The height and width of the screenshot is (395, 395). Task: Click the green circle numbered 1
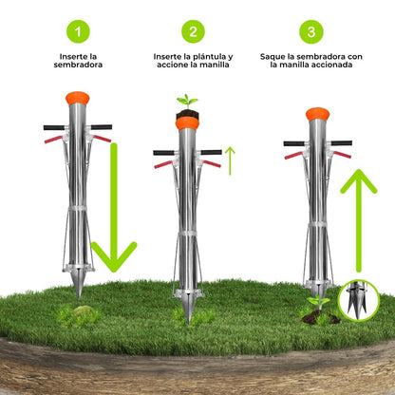point(78,31)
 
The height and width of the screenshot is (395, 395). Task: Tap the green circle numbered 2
point(193,31)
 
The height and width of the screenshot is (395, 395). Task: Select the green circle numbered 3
point(311,31)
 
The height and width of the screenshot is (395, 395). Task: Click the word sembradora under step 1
point(78,65)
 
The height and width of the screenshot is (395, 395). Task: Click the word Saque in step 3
point(272,57)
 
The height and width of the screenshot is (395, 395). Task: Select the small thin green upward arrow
point(230,160)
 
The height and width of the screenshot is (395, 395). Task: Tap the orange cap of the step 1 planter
point(78,98)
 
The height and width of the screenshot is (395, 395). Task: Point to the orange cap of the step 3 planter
point(317,114)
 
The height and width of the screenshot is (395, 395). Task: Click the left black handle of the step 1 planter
point(54,127)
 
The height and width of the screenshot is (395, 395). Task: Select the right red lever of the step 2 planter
point(212,163)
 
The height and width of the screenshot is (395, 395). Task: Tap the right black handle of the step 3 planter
point(342,143)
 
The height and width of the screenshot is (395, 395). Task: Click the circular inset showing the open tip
point(359,300)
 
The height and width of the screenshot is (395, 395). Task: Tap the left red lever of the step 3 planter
point(293,156)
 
